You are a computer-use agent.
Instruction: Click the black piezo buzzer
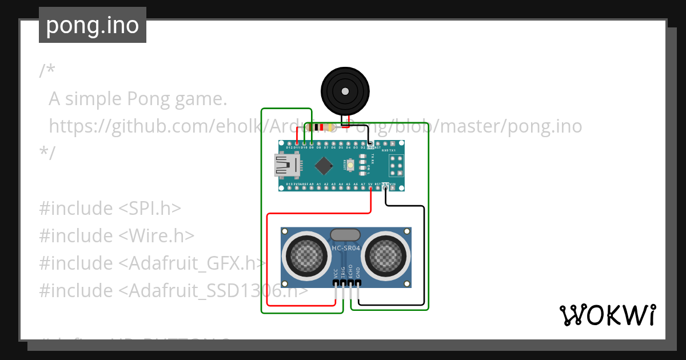[x=345, y=91]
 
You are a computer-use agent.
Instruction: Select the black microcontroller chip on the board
[x=324, y=166]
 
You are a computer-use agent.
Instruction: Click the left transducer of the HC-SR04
[x=308, y=254]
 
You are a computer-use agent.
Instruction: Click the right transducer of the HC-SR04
[x=385, y=254]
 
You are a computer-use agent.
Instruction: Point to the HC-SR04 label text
[x=346, y=248]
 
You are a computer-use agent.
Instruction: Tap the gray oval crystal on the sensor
[x=346, y=234]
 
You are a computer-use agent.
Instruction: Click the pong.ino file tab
[x=93, y=25]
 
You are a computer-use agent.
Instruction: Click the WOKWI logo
[x=607, y=315]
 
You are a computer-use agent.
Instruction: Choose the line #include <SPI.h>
[x=110, y=208]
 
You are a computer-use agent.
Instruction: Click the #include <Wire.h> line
[x=117, y=235]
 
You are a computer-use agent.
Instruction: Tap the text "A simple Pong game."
[x=138, y=99]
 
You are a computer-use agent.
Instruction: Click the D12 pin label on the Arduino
[x=289, y=147]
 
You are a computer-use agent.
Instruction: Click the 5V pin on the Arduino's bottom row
[x=371, y=185]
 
